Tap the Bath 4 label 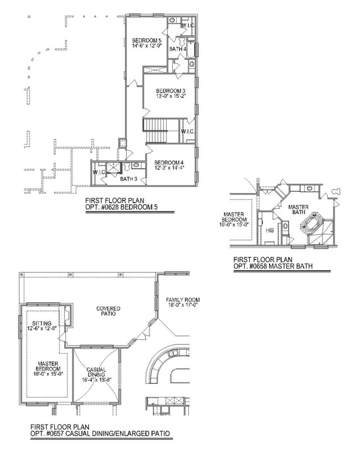click(x=178, y=49)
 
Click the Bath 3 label click(x=128, y=179)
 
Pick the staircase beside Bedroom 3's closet click(x=155, y=130)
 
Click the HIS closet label click(x=270, y=230)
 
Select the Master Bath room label click(x=299, y=210)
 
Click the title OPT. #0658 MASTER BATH click(x=272, y=266)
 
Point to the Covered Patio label click(x=108, y=311)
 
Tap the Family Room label click(x=183, y=300)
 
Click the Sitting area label click(x=42, y=323)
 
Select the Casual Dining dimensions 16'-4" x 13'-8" click(x=96, y=380)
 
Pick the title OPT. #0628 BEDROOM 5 click(x=121, y=207)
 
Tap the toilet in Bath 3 click(x=127, y=167)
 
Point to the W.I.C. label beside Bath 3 click(x=99, y=172)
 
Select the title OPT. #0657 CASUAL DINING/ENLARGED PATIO click(x=100, y=433)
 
